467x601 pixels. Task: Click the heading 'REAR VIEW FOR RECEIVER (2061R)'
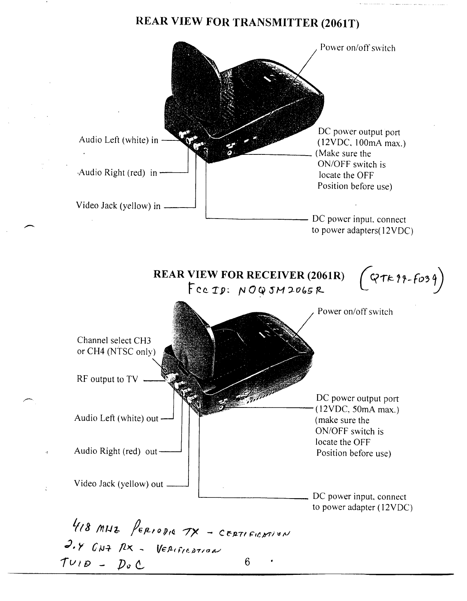tap(249, 275)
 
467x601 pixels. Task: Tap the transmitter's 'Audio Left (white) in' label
tap(118, 140)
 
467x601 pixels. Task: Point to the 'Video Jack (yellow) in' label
tap(118, 206)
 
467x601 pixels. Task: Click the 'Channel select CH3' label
tap(114, 340)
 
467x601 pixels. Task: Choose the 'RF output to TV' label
tap(108, 379)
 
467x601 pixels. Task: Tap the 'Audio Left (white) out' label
tap(116, 418)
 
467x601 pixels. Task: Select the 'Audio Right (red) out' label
tap(116, 451)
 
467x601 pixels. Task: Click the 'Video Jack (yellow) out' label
tap(118, 484)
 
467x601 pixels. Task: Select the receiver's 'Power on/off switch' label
tap(355, 312)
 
